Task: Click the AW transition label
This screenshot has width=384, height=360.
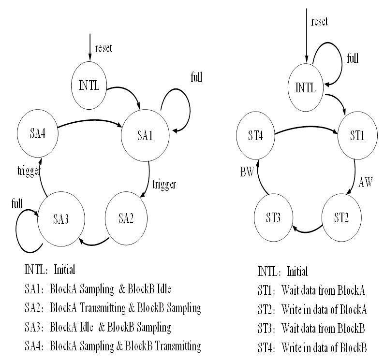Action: click(366, 182)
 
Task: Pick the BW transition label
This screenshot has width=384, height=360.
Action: click(247, 172)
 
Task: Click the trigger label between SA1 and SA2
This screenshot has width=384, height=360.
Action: click(164, 185)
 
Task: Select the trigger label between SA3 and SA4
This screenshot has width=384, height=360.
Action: click(29, 171)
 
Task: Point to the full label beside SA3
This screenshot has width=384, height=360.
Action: click(17, 203)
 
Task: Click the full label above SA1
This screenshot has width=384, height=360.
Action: click(197, 77)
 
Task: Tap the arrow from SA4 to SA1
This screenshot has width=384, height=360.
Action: click(90, 120)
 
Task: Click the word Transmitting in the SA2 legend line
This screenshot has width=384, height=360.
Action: click(103, 308)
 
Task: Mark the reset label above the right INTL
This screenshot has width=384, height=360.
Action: click(319, 22)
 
